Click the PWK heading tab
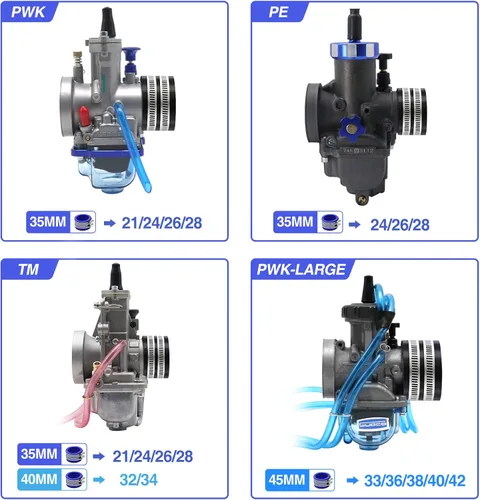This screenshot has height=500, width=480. tap(28, 12)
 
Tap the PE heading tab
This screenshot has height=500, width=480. tap(279, 12)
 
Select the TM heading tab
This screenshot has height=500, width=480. tap(29, 269)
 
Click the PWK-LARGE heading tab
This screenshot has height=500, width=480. tap(301, 269)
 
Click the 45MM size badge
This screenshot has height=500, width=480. tap(287, 480)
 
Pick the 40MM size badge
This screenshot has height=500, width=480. tap(39, 479)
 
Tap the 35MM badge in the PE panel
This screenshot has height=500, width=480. tap(295, 222)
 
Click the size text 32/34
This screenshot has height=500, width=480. tap(138, 480)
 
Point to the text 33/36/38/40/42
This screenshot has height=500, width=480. tap(415, 481)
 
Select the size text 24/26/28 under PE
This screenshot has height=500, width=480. tap(400, 225)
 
